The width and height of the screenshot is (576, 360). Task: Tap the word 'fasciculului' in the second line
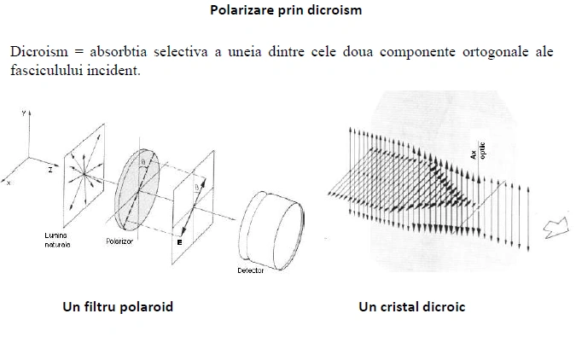click(45, 69)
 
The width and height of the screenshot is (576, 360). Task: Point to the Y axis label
click(28, 113)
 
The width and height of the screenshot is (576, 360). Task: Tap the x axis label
click(8, 183)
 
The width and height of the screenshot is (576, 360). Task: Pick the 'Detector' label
click(251, 270)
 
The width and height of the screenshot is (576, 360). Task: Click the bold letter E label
click(180, 241)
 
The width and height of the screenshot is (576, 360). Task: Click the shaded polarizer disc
click(141, 189)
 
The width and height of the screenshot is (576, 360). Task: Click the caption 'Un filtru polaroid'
click(118, 306)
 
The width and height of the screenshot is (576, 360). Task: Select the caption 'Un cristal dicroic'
click(412, 306)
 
